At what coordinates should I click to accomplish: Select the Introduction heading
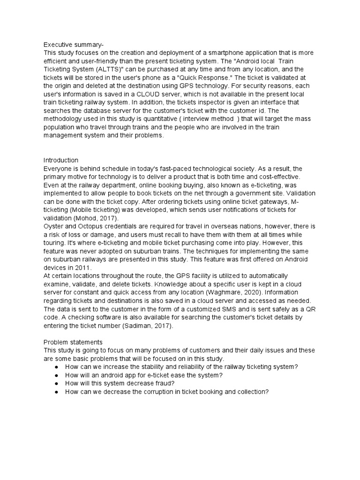[x=61, y=160]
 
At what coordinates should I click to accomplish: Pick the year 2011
[x=81, y=267]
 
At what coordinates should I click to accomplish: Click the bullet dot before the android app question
[x=57, y=375]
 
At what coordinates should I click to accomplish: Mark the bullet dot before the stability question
[x=57, y=367]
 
